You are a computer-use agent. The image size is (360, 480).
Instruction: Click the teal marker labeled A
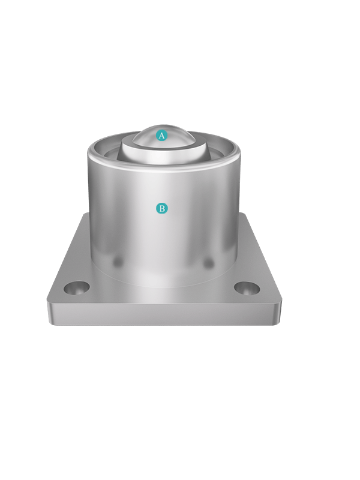point(161,135)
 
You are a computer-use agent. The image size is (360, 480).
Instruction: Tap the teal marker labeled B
point(162,208)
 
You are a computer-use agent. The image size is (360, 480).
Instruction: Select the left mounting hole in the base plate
point(77,288)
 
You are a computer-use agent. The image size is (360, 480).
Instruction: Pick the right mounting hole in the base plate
point(247,289)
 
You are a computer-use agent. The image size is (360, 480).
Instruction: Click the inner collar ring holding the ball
point(162,153)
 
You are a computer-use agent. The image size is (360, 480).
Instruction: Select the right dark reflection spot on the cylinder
point(208,262)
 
